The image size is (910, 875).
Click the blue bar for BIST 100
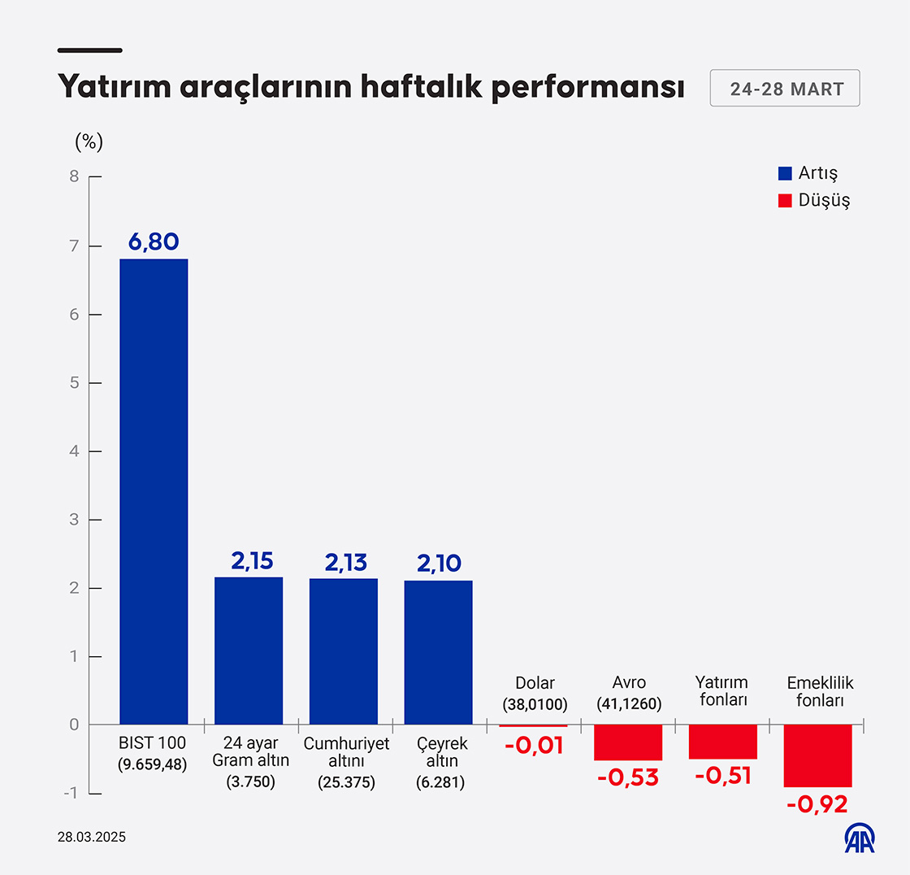154,491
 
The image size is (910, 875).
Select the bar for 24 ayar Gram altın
249,651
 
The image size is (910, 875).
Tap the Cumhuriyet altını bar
344,651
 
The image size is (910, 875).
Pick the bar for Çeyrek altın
438,652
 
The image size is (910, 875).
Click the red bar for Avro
628,742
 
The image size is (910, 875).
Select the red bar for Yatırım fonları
723,742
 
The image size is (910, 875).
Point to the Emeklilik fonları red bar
817,755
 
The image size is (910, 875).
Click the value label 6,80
154,242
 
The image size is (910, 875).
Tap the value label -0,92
817,804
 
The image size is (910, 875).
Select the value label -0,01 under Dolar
534,745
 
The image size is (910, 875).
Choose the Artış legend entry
808,173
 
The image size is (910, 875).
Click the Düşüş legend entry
813,200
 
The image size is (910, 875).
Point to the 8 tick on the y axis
74,176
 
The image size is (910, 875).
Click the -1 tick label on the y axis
71,794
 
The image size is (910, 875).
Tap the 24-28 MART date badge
785,89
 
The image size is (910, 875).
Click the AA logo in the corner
860,839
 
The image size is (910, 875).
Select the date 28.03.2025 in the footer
92,837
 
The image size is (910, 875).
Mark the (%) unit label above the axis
89,141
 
